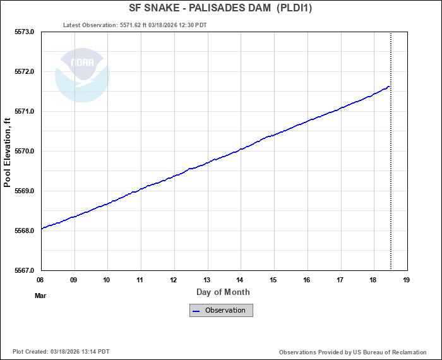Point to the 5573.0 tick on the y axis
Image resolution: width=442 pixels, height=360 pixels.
point(25,32)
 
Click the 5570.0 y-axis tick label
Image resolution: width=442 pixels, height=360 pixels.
point(25,152)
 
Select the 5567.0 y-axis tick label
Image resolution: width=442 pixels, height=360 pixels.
point(25,270)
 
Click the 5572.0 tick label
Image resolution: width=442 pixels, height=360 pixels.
point(25,71)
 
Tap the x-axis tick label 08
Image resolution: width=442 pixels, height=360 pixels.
point(40,280)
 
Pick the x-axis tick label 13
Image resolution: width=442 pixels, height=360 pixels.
point(207,280)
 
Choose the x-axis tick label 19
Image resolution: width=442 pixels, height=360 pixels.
point(407,280)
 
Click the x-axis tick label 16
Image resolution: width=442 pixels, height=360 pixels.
point(307,280)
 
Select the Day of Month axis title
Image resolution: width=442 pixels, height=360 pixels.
point(223,292)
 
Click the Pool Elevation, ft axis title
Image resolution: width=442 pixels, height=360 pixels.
point(8,152)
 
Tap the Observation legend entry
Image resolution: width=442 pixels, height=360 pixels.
point(222,310)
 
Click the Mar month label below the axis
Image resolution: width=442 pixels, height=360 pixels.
point(40,295)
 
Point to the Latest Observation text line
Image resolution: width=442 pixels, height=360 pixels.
point(135,25)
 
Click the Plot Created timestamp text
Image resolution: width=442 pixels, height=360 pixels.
point(61,352)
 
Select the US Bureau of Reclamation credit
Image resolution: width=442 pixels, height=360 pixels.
point(352,352)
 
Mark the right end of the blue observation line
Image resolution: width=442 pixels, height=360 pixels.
point(390,86)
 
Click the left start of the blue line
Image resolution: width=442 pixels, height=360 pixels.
point(41,229)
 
